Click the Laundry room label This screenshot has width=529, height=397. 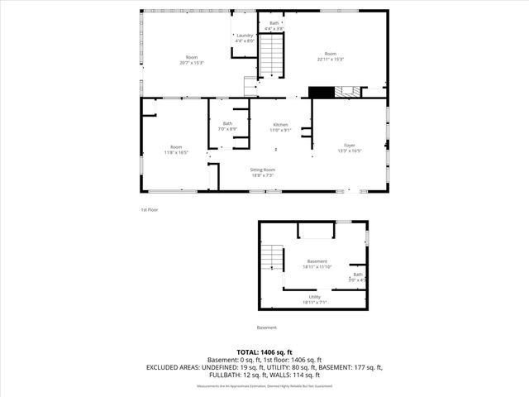tap(245, 36)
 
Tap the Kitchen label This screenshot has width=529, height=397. tap(281, 126)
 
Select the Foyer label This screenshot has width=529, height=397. tap(350, 145)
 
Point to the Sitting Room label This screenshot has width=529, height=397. tap(262, 170)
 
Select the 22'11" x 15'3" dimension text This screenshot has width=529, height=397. tap(330, 59)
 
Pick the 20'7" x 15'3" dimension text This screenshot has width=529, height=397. tap(191, 62)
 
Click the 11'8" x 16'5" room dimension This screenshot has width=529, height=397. tap(175, 152)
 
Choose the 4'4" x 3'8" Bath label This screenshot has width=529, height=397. tap(274, 26)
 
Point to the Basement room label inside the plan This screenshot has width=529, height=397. tap(317, 263)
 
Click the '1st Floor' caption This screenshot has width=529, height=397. tap(149, 209)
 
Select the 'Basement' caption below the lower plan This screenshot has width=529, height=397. tap(267, 327)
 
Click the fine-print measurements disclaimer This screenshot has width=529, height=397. tap(264, 386)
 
